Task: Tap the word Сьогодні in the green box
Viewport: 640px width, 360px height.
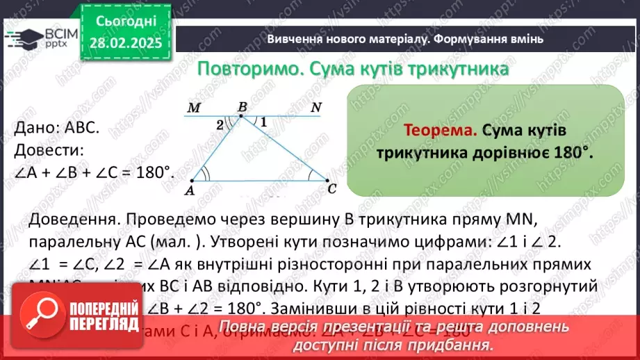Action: [x=127, y=23]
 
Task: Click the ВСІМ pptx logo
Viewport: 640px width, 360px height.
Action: [x=40, y=38]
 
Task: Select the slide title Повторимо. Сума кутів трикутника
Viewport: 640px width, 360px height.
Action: [x=353, y=69]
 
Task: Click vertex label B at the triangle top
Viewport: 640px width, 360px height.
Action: [x=242, y=107]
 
